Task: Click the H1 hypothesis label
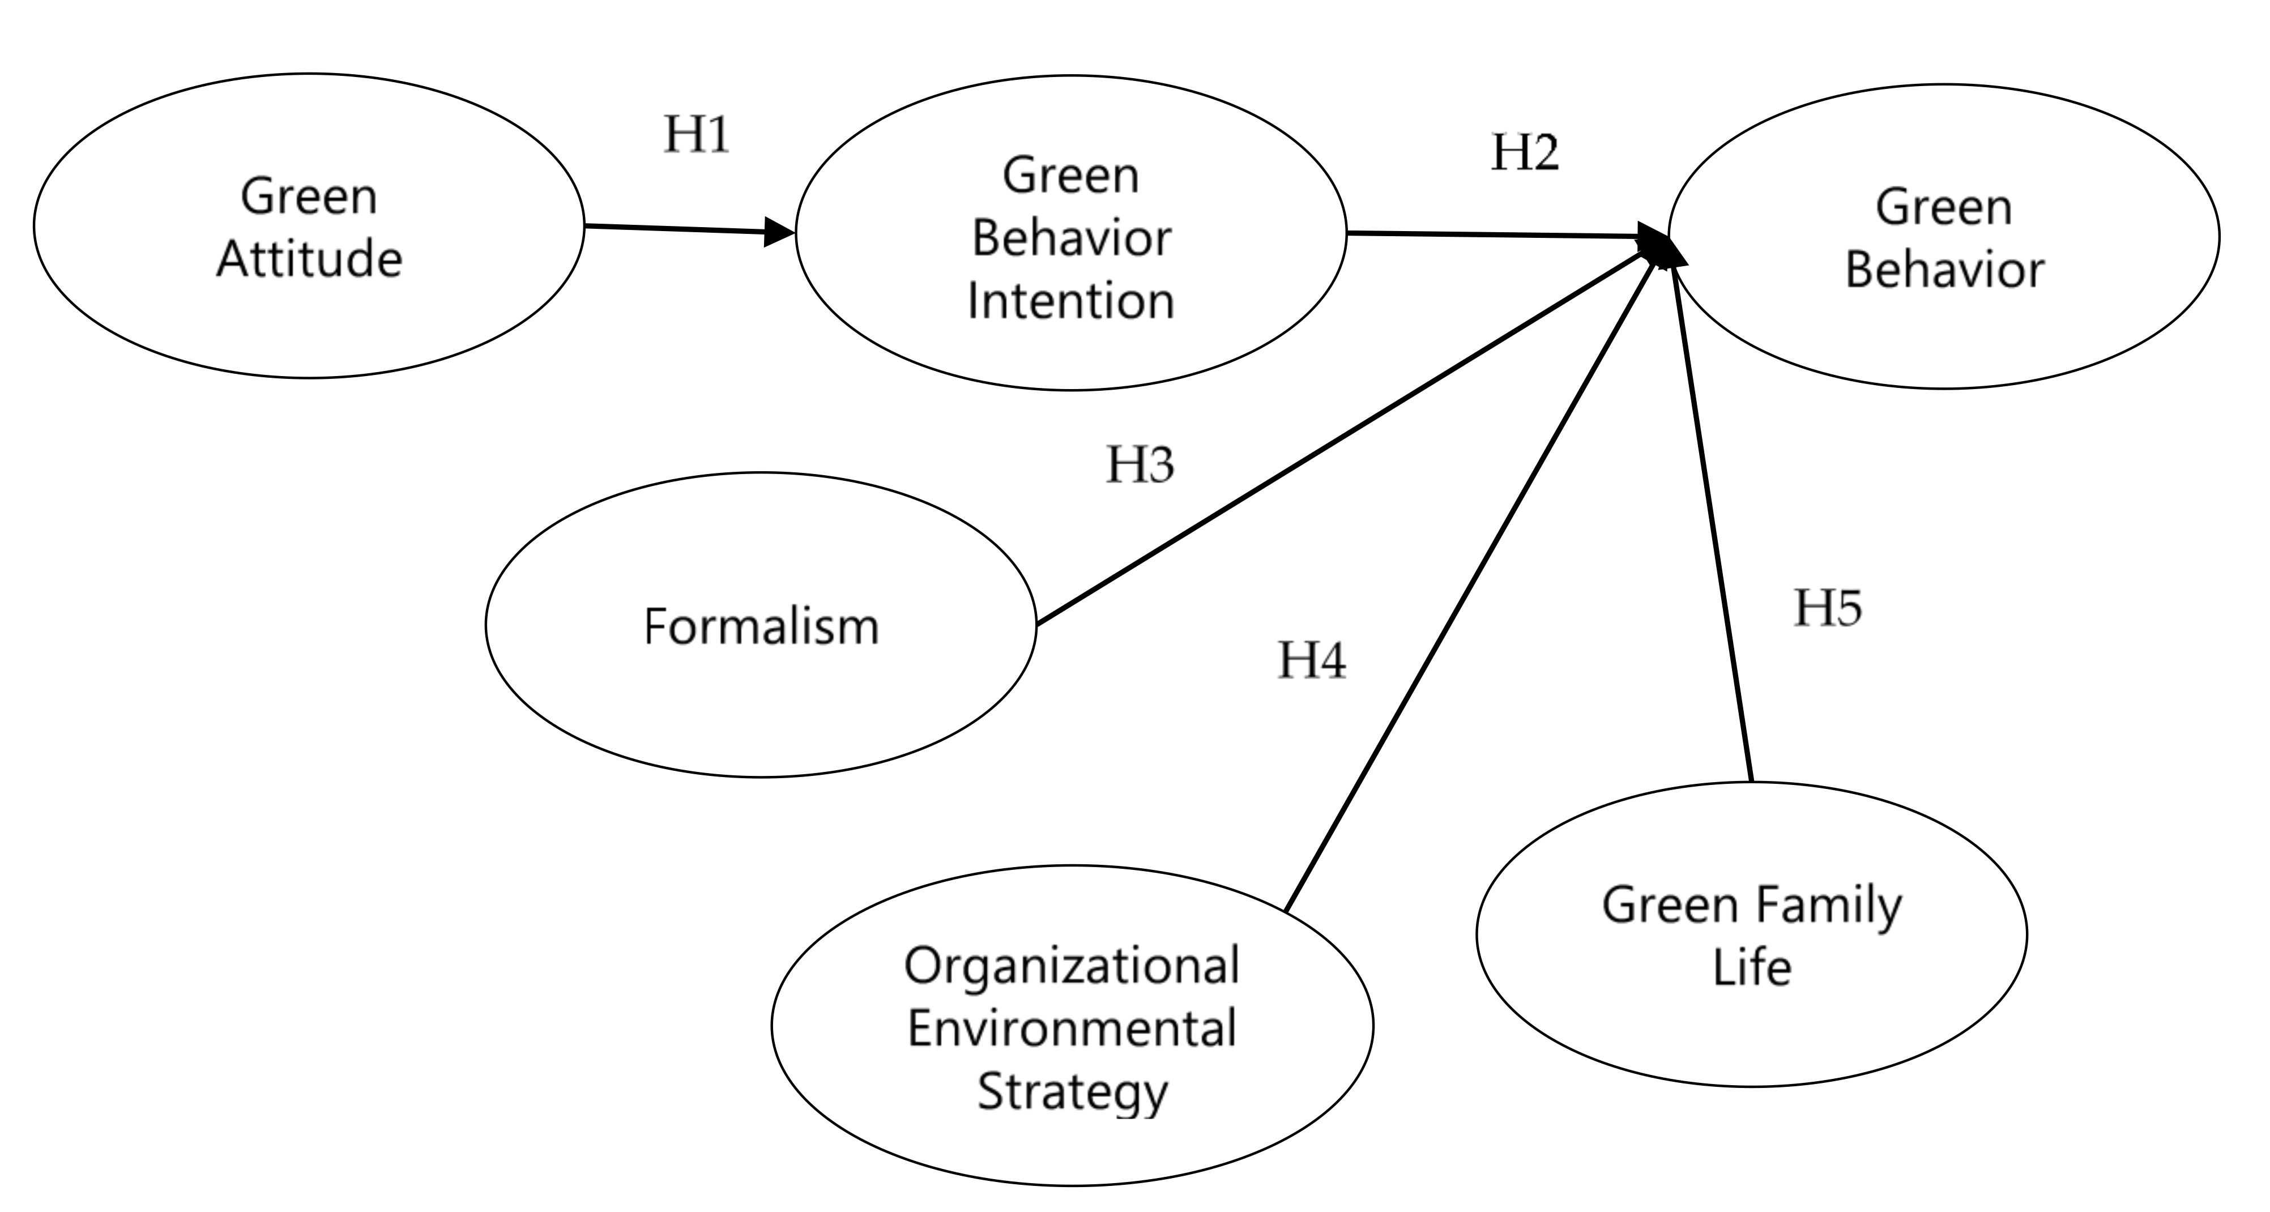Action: tap(696, 135)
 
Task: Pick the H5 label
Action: tap(1828, 608)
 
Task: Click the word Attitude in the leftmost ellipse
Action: tap(309, 259)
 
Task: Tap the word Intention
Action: tap(1070, 301)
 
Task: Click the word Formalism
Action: tap(761, 627)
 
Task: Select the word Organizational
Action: tap(1072, 965)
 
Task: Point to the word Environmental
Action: tap(1072, 1029)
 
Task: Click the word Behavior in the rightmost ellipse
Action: tap(1944, 270)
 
